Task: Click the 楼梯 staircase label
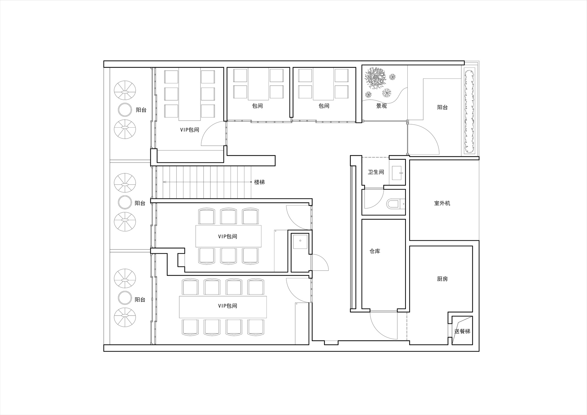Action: (259, 182)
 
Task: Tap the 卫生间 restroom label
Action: (376, 172)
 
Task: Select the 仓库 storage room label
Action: (375, 251)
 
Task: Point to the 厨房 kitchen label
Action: (442, 279)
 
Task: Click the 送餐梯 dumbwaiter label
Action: (462, 331)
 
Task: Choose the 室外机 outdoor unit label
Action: (442, 203)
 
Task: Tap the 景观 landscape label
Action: (382, 106)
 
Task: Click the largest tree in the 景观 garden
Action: (375, 78)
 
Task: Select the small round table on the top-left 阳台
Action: (125, 110)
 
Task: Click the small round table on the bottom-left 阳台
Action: (125, 298)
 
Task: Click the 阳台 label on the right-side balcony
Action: (442, 107)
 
